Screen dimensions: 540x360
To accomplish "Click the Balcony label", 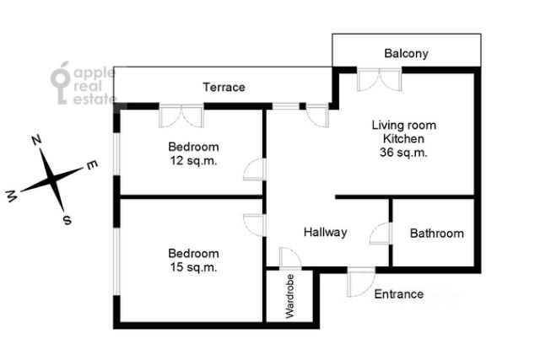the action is pyautogui.click(x=406, y=54).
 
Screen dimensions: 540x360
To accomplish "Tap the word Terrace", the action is pyautogui.click(x=224, y=87).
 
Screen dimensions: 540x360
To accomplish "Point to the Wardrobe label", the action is pyautogui.click(x=290, y=296).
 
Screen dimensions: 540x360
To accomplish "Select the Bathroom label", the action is pyautogui.click(x=437, y=234).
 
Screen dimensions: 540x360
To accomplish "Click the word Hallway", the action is pyautogui.click(x=326, y=232).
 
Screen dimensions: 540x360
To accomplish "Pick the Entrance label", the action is pyautogui.click(x=399, y=294).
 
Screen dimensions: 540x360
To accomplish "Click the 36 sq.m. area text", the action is pyautogui.click(x=403, y=152).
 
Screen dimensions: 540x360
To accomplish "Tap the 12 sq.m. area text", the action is pyautogui.click(x=194, y=160).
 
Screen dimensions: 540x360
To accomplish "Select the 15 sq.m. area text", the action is pyautogui.click(x=194, y=267).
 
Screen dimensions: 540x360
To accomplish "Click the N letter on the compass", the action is pyautogui.click(x=36, y=140).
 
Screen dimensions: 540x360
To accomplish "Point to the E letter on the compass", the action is pyautogui.click(x=92, y=165).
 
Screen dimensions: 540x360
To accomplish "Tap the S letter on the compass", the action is pyautogui.click(x=67, y=219).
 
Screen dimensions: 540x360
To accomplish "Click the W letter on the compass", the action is pyautogui.click(x=11, y=196).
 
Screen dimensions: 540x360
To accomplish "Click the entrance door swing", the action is pyautogui.click(x=360, y=282).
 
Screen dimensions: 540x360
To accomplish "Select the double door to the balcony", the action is pyautogui.click(x=379, y=79).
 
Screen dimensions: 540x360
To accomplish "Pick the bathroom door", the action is pyautogui.click(x=381, y=234).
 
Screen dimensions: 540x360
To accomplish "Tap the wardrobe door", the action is pyautogui.click(x=290, y=259).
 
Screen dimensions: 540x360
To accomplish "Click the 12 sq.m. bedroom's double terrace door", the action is pyautogui.click(x=181, y=116).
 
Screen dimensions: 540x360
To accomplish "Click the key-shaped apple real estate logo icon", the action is pyautogui.click(x=61, y=83).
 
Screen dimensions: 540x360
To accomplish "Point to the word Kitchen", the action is pyautogui.click(x=403, y=139).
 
